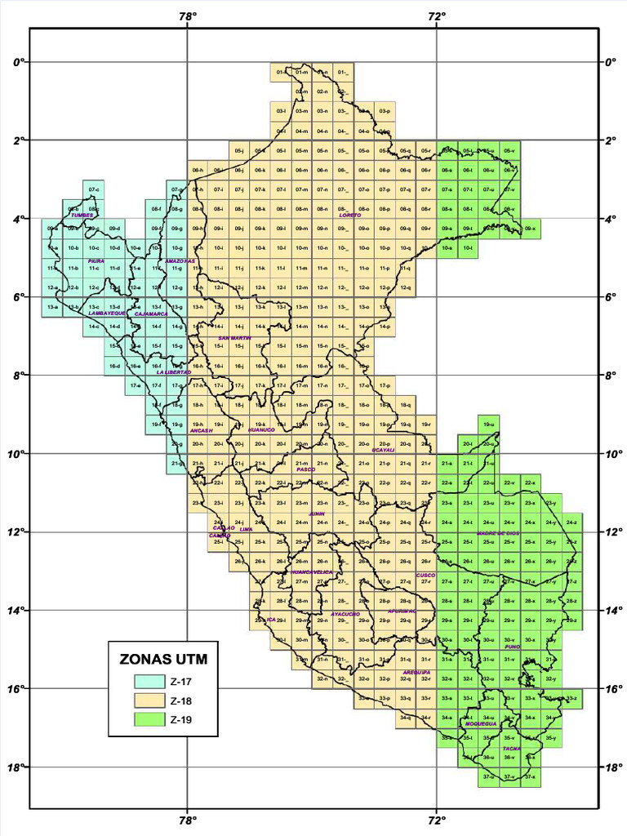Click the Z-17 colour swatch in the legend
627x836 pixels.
(150, 682)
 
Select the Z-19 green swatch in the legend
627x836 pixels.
(150, 720)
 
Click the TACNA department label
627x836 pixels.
(512, 748)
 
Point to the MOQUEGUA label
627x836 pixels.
(481, 723)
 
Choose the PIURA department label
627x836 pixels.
(96, 261)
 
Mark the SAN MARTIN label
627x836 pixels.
(234, 337)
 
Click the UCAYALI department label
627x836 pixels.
(384, 449)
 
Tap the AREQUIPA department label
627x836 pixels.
(416, 672)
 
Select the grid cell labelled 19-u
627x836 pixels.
(488, 425)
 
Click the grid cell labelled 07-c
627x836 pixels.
(93, 190)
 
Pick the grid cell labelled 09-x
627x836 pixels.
(530, 229)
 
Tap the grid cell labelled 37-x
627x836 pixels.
(530, 777)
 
